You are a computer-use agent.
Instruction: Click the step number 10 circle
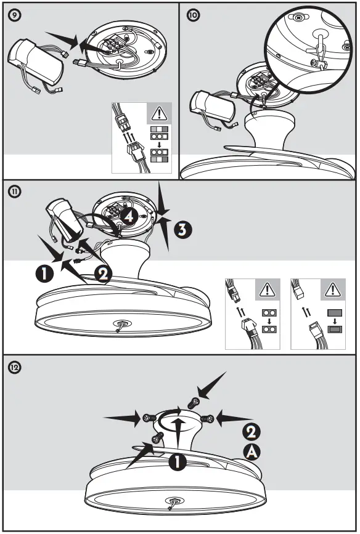pos(193,15)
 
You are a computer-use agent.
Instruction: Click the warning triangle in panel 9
pos(158,113)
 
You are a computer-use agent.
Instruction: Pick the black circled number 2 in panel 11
pos(103,273)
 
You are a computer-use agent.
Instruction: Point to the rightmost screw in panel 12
pos(210,418)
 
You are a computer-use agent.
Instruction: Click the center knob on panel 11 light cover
pos(119,325)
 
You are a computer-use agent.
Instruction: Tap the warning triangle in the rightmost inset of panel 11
pos(333,288)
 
